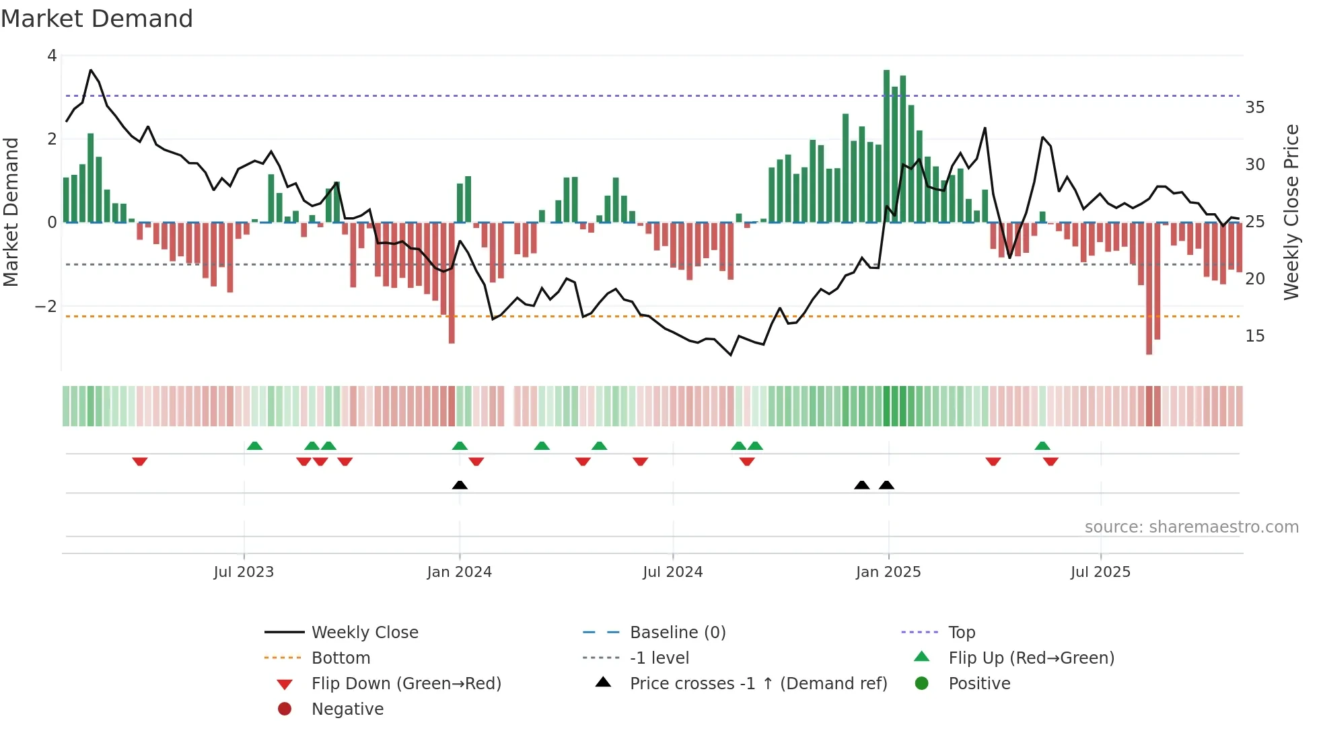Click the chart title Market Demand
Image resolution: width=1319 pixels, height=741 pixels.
pyautogui.click(x=97, y=19)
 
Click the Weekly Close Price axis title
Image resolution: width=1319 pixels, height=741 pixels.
pyautogui.click(x=1291, y=212)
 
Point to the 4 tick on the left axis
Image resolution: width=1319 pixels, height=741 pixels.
pyautogui.click(x=52, y=56)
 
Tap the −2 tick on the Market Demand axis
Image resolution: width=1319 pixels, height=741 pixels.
pyautogui.click(x=46, y=307)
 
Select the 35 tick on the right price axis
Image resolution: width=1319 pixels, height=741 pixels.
pyautogui.click(x=1254, y=108)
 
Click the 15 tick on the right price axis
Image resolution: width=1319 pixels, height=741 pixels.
pyautogui.click(x=1254, y=336)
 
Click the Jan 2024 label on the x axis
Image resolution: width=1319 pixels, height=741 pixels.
pyautogui.click(x=459, y=572)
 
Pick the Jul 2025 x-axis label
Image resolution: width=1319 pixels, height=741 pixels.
pyautogui.click(x=1100, y=572)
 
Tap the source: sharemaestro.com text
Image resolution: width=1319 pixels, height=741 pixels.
pyautogui.click(x=1191, y=527)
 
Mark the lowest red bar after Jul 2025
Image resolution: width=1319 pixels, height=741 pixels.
pyautogui.click(x=1149, y=289)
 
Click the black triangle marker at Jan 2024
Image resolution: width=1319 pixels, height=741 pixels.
pyautogui.click(x=460, y=485)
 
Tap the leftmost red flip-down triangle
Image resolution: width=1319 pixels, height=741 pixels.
pyautogui.click(x=140, y=461)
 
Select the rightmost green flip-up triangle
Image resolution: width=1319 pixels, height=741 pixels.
pyautogui.click(x=1042, y=446)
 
